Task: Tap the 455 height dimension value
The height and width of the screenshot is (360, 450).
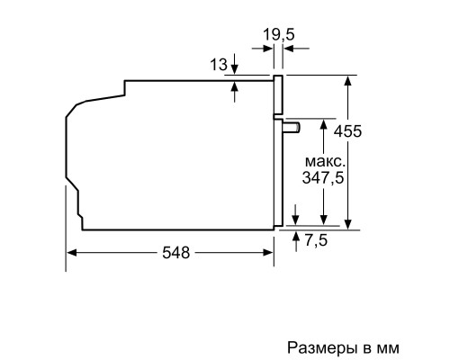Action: point(347,131)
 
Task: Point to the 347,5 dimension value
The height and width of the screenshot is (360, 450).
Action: point(321,178)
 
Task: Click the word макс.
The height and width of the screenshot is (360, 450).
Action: point(321,160)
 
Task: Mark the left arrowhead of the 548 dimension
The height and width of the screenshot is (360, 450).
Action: point(72,254)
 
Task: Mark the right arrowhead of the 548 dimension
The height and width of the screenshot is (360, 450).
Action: point(269,254)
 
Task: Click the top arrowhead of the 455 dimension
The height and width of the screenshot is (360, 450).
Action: point(347,79)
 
